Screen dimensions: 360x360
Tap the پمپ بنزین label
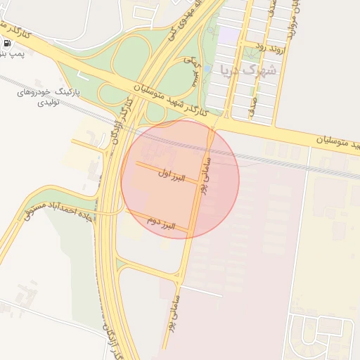pos(11,54)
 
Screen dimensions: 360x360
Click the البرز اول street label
pos(171,176)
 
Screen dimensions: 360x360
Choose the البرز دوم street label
pos(160,223)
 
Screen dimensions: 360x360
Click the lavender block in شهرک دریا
pos(230,33)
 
